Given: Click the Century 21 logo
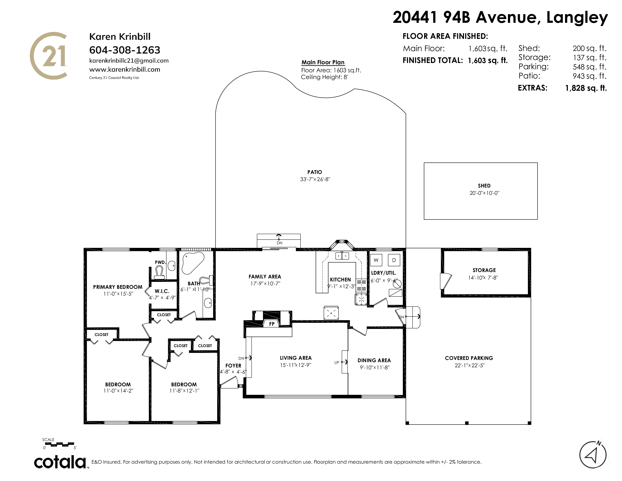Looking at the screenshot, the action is [49, 56].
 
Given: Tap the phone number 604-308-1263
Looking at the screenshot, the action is [125, 50].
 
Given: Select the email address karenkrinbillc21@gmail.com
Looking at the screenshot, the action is [129, 61].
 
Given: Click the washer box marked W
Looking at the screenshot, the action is [376, 260].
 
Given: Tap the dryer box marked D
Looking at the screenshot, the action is [394, 260].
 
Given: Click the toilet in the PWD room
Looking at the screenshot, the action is [159, 272].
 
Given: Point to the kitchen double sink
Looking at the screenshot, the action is [342, 256].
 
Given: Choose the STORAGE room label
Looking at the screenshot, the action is [484, 270].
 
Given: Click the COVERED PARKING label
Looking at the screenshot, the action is [469, 358].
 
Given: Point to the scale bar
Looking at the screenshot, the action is [58, 443].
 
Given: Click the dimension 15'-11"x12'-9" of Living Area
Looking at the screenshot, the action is [296, 365].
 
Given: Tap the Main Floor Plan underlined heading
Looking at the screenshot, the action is [323, 62].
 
